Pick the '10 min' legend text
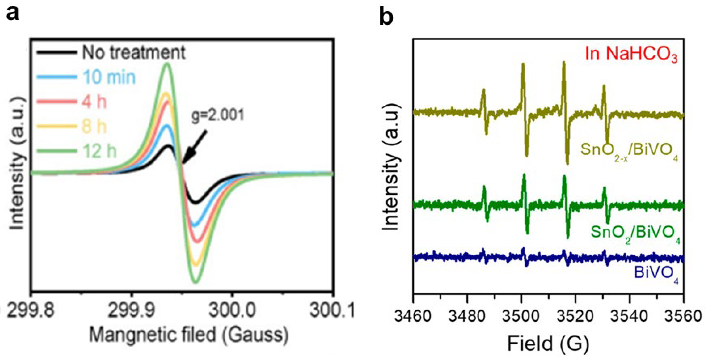109,77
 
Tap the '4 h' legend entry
94,102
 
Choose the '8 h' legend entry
94,127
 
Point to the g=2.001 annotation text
218,115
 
